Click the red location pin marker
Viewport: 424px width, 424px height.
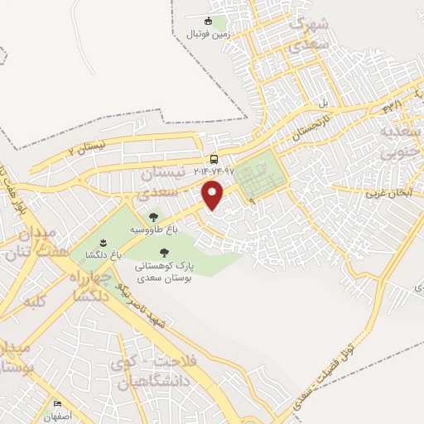[214, 195]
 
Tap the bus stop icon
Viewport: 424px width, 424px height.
[214, 158]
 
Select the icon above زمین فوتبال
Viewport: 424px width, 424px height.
[209, 22]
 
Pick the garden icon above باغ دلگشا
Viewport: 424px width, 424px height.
[103, 243]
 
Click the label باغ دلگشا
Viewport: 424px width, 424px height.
[103, 256]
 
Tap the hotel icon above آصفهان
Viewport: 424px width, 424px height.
[57, 404]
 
